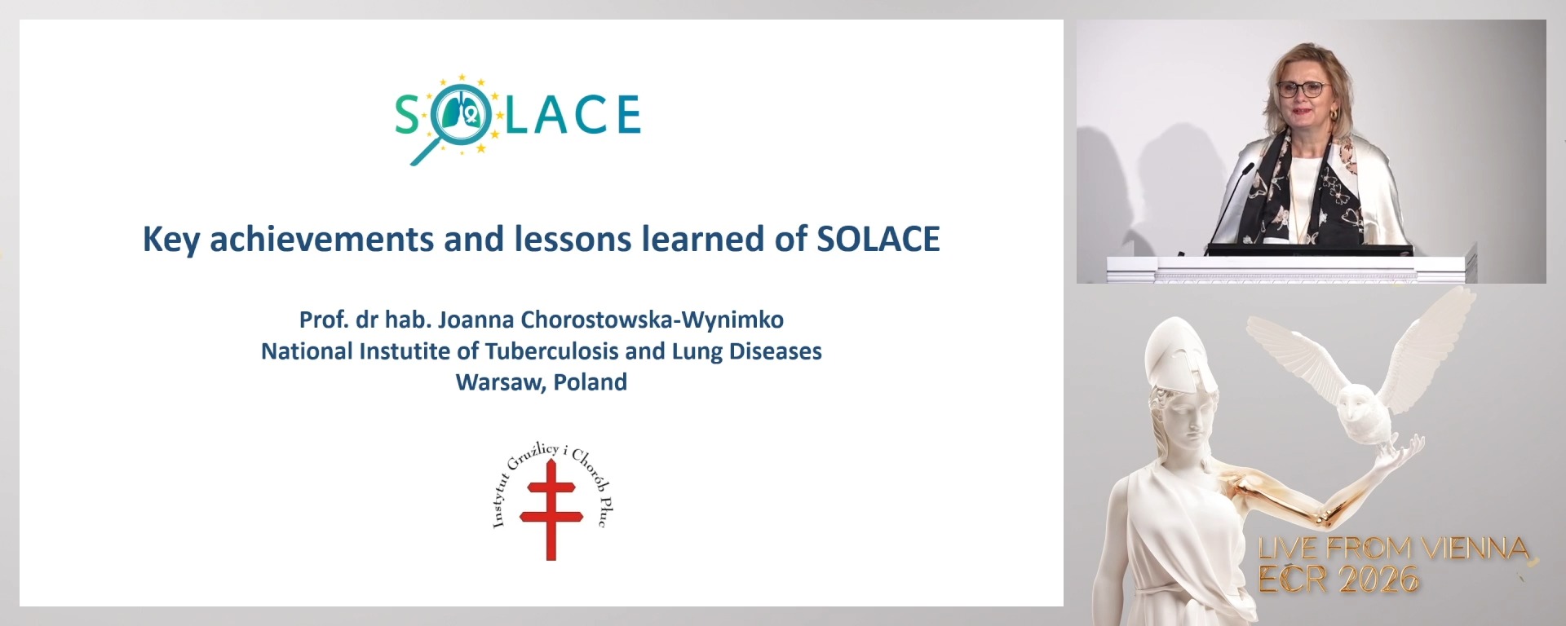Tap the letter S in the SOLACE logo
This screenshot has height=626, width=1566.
pos(407,115)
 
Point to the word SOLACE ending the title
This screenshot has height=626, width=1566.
pos(878,239)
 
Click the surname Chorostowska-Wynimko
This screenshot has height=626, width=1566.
pos(652,320)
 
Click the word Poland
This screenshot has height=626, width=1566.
pos(591,382)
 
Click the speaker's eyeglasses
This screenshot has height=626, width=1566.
pos(1303,89)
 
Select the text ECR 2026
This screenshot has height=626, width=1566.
pos(1338,580)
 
